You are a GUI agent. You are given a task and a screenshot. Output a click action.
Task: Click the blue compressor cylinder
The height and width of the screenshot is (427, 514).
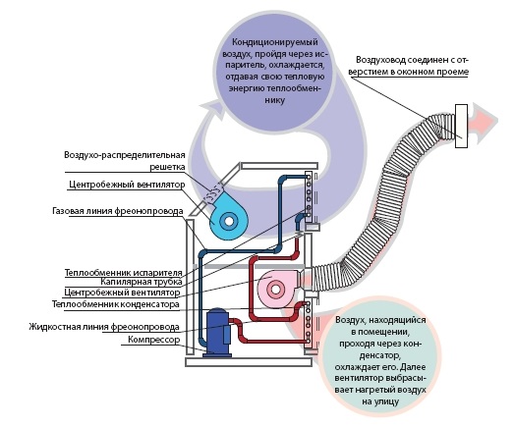point(216,332)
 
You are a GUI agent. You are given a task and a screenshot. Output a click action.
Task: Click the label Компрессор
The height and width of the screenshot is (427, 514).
point(153,340)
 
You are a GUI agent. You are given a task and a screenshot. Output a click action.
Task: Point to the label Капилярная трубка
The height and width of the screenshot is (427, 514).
point(142,282)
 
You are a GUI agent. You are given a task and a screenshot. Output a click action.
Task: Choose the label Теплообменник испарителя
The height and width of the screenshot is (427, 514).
point(123,273)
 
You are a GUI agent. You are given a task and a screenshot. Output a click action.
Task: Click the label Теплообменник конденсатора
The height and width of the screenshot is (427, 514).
point(116,304)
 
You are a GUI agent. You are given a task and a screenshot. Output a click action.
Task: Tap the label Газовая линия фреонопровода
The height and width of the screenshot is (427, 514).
point(117,211)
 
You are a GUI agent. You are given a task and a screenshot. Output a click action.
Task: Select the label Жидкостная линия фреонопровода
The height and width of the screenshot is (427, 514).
point(104,327)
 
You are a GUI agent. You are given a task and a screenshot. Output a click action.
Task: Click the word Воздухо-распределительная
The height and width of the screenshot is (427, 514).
point(125,155)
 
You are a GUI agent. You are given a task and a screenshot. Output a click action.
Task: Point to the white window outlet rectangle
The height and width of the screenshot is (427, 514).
point(461,126)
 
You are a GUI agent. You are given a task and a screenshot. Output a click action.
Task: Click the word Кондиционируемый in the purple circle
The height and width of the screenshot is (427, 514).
point(275,42)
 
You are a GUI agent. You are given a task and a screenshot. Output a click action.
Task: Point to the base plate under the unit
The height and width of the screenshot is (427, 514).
point(249,362)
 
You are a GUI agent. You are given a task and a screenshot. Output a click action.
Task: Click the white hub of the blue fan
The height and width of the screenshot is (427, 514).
point(229,222)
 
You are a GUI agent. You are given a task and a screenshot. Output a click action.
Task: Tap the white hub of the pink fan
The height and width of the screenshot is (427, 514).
point(276,290)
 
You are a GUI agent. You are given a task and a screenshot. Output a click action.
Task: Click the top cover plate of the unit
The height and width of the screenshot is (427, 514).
point(279,166)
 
